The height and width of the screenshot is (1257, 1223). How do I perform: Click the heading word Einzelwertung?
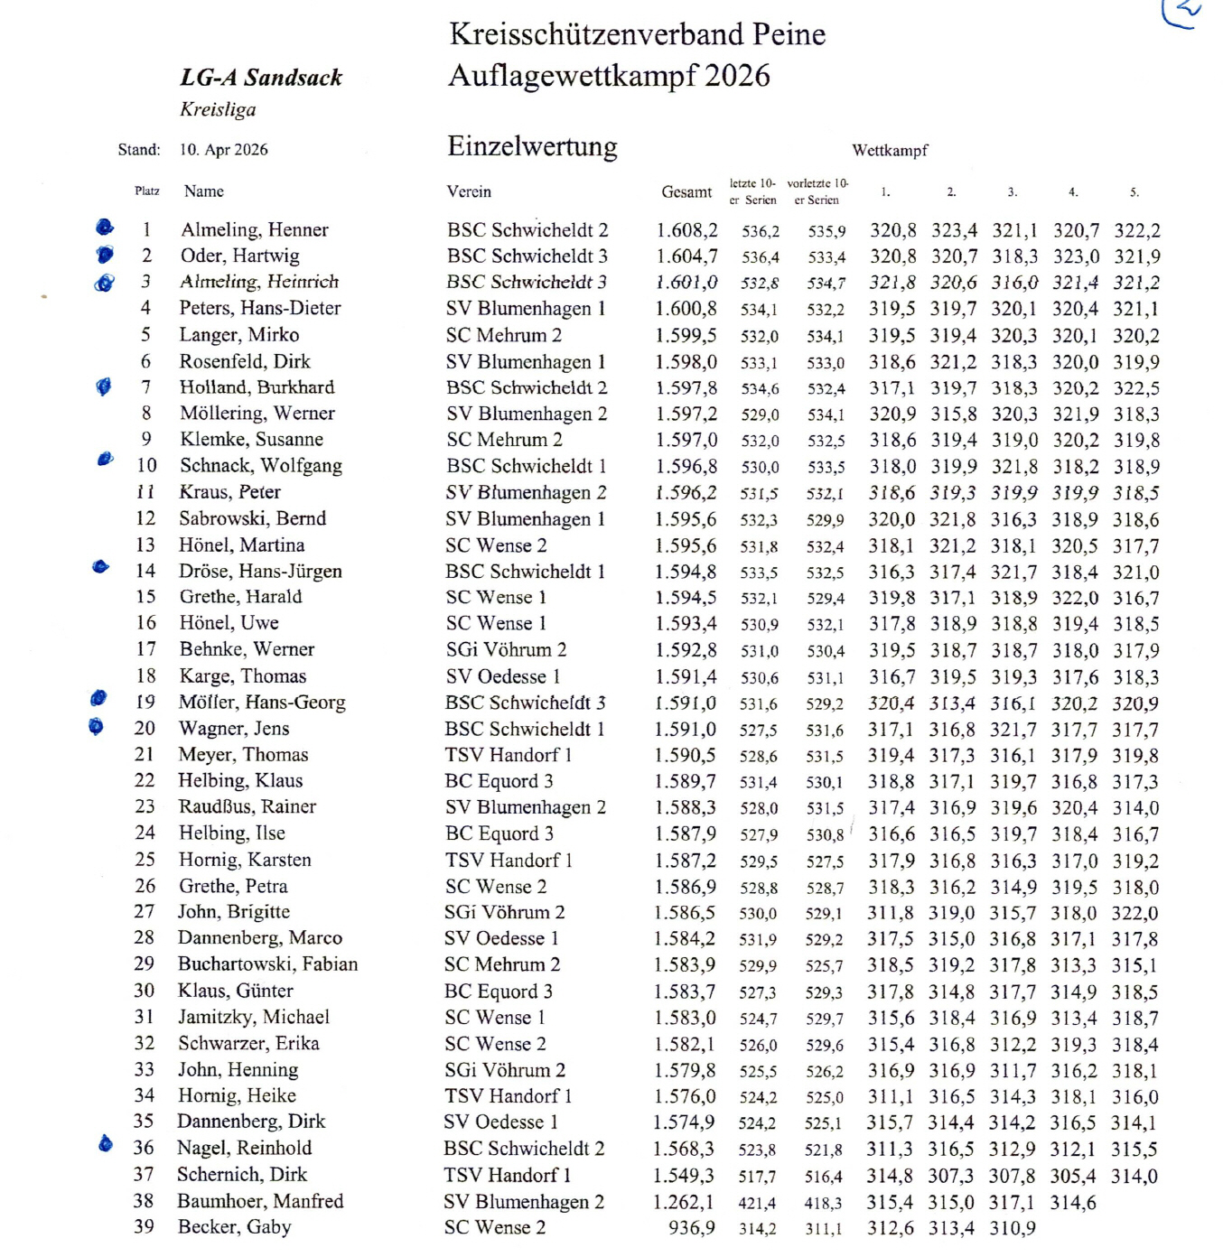[x=532, y=147]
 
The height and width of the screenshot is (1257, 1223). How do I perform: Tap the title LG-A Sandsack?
[x=261, y=78]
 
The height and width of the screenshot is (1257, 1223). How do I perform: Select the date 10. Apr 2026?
[x=223, y=150]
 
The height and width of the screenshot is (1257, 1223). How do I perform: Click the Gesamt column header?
[x=686, y=191]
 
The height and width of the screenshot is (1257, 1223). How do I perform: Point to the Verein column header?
[x=469, y=191]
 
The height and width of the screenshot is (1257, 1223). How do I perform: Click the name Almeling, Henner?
[x=254, y=230]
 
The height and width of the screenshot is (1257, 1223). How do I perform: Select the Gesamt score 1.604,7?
[x=686, y=256]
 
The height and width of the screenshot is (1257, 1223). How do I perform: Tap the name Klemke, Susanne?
[x=251, y=440]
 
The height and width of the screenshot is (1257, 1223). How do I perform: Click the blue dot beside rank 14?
[x=101, y=567]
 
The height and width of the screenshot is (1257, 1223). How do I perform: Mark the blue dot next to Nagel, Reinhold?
[x=105, y=1144]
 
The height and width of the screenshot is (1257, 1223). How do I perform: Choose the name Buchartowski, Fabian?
[x=267, y=964]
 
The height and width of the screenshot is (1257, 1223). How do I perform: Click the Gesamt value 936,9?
[x=692, y=1228]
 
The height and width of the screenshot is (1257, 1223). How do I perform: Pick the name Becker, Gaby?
[x=234, y=1227]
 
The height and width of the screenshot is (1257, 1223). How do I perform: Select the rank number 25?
[x=145, y=860]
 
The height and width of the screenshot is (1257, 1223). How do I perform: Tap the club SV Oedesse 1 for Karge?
[x=502, y=676]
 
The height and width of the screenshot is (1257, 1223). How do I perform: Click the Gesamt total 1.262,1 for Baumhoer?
[x=684, y=1202]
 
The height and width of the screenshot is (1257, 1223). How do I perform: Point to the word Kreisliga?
[x=218, y=109]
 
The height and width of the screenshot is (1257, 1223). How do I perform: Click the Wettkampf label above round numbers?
[x=890, y=151]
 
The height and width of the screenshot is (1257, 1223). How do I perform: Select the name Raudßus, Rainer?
[x=247, y=806]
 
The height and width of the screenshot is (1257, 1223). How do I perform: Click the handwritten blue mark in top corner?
[x=1182, y=13]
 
